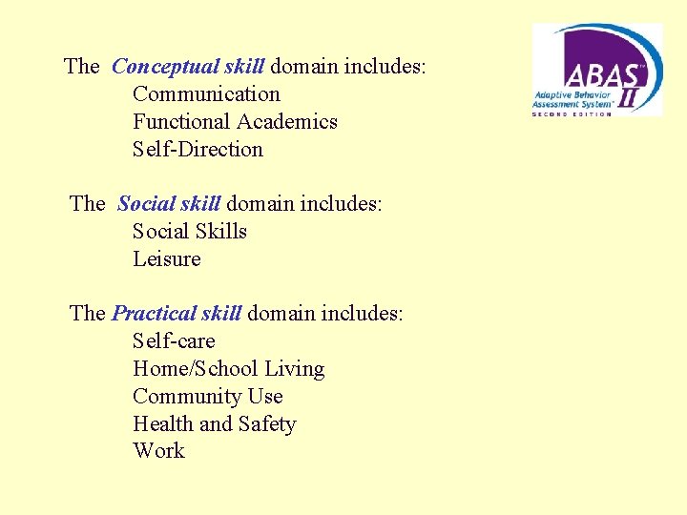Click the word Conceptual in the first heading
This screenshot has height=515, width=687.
coord(165,67)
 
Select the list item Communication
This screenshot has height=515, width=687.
coord(206,94)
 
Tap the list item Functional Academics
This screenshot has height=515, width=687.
coord(235,122)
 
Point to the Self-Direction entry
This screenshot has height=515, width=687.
coord(198,150)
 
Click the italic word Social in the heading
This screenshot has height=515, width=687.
coord(142,204)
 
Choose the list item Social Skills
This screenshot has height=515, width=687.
coord(190,232)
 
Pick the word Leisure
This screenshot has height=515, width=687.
coord(167,259)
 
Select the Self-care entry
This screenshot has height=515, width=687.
coord(174,341)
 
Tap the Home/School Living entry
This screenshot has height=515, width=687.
coord(228,369)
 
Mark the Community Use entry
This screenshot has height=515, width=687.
coord(208,397)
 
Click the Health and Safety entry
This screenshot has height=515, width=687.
coord(215,424)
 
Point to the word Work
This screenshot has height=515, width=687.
coord(158,451)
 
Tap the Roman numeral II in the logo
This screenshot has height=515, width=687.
coord(630,96)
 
